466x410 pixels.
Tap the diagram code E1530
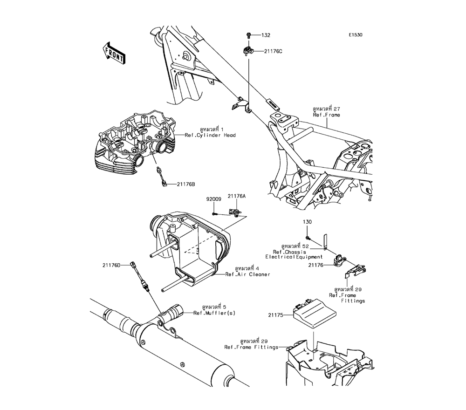coord(354,35)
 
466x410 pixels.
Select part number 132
coord(266,35)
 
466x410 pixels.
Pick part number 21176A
coord(237,197)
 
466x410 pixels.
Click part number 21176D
coord(112,265)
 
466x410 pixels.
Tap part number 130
coord(307,222)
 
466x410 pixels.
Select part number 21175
coord(275,315)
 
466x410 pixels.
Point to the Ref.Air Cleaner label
coord(247,274)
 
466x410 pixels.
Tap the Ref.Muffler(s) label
coord(214,313)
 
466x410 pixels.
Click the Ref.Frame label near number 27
coord(340,115)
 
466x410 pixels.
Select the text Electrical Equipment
coord(294,257)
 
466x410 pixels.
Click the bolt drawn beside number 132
coord(249,35)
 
